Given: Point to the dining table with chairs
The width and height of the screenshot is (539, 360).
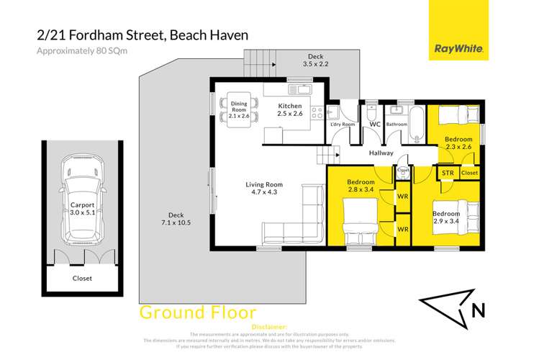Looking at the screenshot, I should [x=237, y=112].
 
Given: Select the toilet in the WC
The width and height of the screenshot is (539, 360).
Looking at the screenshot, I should [x=370, y=115].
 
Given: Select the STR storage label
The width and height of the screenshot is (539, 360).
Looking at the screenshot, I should [x=447, y=173].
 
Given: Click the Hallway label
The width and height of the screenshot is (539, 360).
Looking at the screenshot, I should [x=381, y=153].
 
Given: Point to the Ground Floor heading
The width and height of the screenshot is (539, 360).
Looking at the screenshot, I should [x=197, y=312].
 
